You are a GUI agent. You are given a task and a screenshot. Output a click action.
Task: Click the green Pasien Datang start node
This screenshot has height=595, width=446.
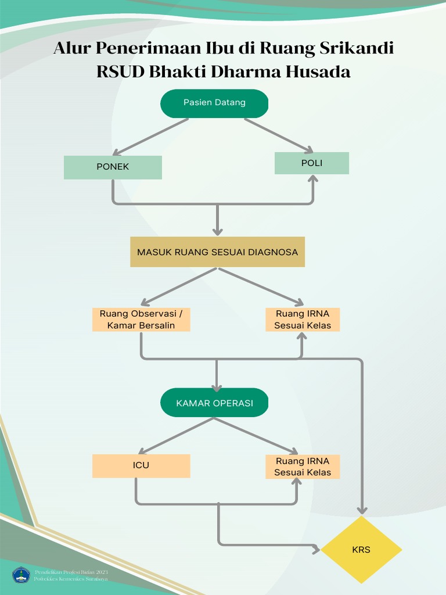point(214,103)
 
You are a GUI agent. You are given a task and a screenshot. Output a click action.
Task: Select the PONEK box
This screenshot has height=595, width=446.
point(113,167)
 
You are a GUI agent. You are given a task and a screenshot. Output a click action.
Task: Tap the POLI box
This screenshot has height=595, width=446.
point(312,163)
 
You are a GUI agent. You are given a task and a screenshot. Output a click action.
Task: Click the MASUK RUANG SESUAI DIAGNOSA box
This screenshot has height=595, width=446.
point(217,252)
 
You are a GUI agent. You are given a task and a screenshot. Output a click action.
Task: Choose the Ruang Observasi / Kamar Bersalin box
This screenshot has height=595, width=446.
point(141,320)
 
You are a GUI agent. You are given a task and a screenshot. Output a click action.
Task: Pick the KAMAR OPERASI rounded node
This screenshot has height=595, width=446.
point(214,403)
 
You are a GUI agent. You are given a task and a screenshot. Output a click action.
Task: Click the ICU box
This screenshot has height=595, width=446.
point(141,465)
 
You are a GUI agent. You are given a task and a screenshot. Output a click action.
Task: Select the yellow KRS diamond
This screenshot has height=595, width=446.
point(361,550)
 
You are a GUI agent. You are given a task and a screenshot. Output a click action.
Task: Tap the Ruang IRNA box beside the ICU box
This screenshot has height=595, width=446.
point(303,467)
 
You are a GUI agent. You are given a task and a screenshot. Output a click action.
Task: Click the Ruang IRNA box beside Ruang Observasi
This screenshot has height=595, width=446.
point(303,320)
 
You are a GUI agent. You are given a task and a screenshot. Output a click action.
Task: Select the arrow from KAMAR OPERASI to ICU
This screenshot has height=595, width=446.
point(174,436)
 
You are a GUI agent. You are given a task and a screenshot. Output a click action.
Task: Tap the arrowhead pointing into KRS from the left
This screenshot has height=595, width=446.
point(316,549)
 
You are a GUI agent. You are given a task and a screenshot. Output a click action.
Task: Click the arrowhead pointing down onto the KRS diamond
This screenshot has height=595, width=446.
point(362,510)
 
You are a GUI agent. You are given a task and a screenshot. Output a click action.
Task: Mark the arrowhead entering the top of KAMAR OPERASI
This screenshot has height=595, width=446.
point(217,388)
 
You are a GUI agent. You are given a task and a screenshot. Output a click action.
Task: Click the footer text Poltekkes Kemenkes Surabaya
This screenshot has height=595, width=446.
point(71,580)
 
